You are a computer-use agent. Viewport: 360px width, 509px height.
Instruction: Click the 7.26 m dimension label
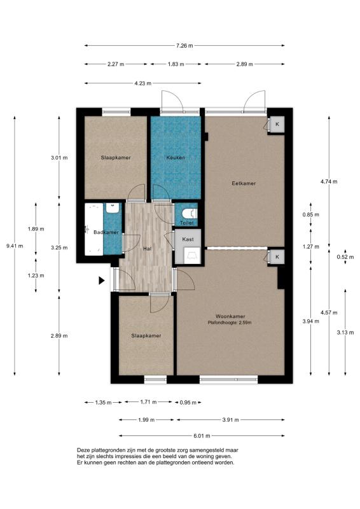point(184,46)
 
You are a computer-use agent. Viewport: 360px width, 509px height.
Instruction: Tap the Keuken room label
point(176,158)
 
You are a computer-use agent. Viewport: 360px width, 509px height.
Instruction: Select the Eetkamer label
point(244,183)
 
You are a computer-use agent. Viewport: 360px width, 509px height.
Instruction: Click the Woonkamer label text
point(230,316)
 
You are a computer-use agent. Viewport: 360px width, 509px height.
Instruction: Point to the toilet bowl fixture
point(190,213)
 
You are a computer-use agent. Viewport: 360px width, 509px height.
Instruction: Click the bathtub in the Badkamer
point(93,229)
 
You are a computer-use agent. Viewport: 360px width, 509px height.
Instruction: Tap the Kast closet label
point(188,239)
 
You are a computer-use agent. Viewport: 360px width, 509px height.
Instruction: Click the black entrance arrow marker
point(102,281)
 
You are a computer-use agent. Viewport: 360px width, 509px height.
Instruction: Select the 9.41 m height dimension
point(15,246)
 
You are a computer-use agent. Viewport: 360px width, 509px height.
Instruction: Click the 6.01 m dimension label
point(202,436)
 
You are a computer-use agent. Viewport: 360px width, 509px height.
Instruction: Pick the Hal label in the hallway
point(148,249)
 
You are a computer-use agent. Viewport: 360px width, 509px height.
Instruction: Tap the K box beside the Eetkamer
point(277,124)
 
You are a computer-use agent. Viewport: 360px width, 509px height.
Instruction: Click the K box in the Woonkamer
point(277,257)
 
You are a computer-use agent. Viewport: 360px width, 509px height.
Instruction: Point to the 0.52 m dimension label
point(345,257)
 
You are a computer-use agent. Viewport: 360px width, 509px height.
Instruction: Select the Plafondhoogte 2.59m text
point(230,323)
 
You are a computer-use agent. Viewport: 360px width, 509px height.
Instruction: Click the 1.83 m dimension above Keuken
point(176,64)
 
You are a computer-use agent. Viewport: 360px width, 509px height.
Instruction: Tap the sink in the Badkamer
point(113,208)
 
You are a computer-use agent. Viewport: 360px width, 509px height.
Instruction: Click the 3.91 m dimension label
point(230,420)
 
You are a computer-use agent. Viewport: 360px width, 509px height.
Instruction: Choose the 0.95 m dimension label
point(188,403)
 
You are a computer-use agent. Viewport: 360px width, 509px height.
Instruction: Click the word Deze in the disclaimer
point(83,450)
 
